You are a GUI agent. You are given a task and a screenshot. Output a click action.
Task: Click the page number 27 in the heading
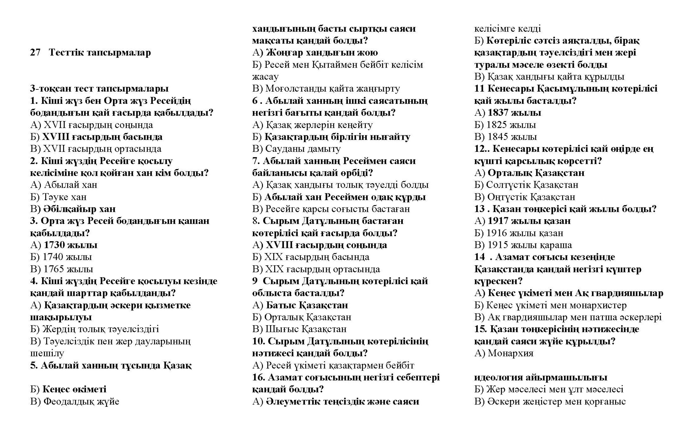tap(35, 52)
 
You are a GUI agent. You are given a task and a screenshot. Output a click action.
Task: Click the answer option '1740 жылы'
tap(67, 257)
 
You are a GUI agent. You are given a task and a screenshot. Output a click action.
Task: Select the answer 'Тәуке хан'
tap(64, 197)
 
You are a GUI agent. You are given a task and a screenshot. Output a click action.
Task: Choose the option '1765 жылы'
tap(68, 269)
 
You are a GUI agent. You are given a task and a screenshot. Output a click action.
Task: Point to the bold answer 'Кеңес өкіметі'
tap(74, 389)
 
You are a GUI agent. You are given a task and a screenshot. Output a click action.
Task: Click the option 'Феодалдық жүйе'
tap(81, 401)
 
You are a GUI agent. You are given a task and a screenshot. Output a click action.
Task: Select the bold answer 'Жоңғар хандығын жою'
tap(322, 52)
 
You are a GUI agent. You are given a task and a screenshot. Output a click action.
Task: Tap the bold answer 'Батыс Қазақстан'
tap(307, 305)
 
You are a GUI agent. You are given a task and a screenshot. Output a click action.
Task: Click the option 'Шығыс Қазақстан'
tap(306, 329)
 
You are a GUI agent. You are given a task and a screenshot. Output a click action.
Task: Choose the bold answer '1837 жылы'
tap(514, 113)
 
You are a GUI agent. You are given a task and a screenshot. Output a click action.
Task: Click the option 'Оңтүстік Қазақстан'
tap(531, 197)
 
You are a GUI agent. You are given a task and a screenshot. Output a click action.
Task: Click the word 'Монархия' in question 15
tap(510, 353)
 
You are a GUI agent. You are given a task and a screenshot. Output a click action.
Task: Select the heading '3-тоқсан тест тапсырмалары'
tap(99, 88)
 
